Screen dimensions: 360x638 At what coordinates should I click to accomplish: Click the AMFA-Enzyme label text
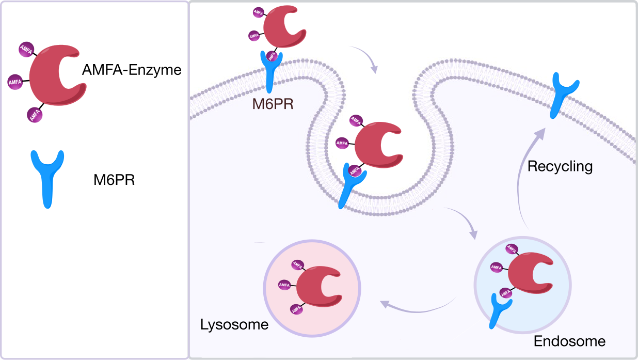(132, 70)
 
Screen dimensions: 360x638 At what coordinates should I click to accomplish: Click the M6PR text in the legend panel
(114, 180)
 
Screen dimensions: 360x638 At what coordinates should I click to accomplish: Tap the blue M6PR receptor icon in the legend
(47, 176)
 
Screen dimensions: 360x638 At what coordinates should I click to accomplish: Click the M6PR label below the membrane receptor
(273, 104)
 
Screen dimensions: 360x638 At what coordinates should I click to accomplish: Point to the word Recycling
(560, 167)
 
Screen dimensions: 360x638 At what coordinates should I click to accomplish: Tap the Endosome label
(569, 341)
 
